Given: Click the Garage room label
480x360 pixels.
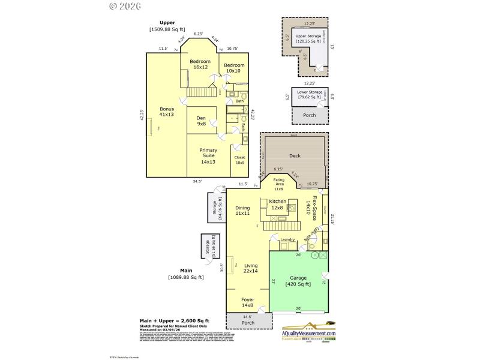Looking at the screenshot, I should (x=298, y=281).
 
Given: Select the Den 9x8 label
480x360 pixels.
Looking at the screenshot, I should (x=202, y=121).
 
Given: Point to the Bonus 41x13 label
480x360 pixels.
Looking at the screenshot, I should (x=166, y=112).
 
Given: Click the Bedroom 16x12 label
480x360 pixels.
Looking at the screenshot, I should (x=200, y=64).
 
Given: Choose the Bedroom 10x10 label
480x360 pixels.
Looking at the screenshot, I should (x=234, y=68).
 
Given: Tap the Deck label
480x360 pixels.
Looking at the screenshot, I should (x=295, y=156).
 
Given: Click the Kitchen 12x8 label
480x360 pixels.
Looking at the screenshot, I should (x=278, y=204).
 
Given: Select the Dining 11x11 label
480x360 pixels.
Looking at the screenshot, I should (x=242, y=211).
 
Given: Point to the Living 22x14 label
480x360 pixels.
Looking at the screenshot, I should (x=250, y=268).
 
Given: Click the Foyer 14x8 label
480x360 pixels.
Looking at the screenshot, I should (x=248, y=302).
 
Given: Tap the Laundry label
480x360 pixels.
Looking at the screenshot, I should (x=287, y=240).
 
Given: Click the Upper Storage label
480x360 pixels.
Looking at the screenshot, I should (x=309, y=39).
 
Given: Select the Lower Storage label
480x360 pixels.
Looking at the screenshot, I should (x=308, y=94).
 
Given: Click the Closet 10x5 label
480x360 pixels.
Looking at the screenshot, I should (x=239, y=160).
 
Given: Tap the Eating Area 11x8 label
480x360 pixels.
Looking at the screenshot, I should (x=279, y=184).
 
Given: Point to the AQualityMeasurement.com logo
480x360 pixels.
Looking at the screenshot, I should (x=309, y=335).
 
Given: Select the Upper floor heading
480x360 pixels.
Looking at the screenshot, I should (x=167, y=23).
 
